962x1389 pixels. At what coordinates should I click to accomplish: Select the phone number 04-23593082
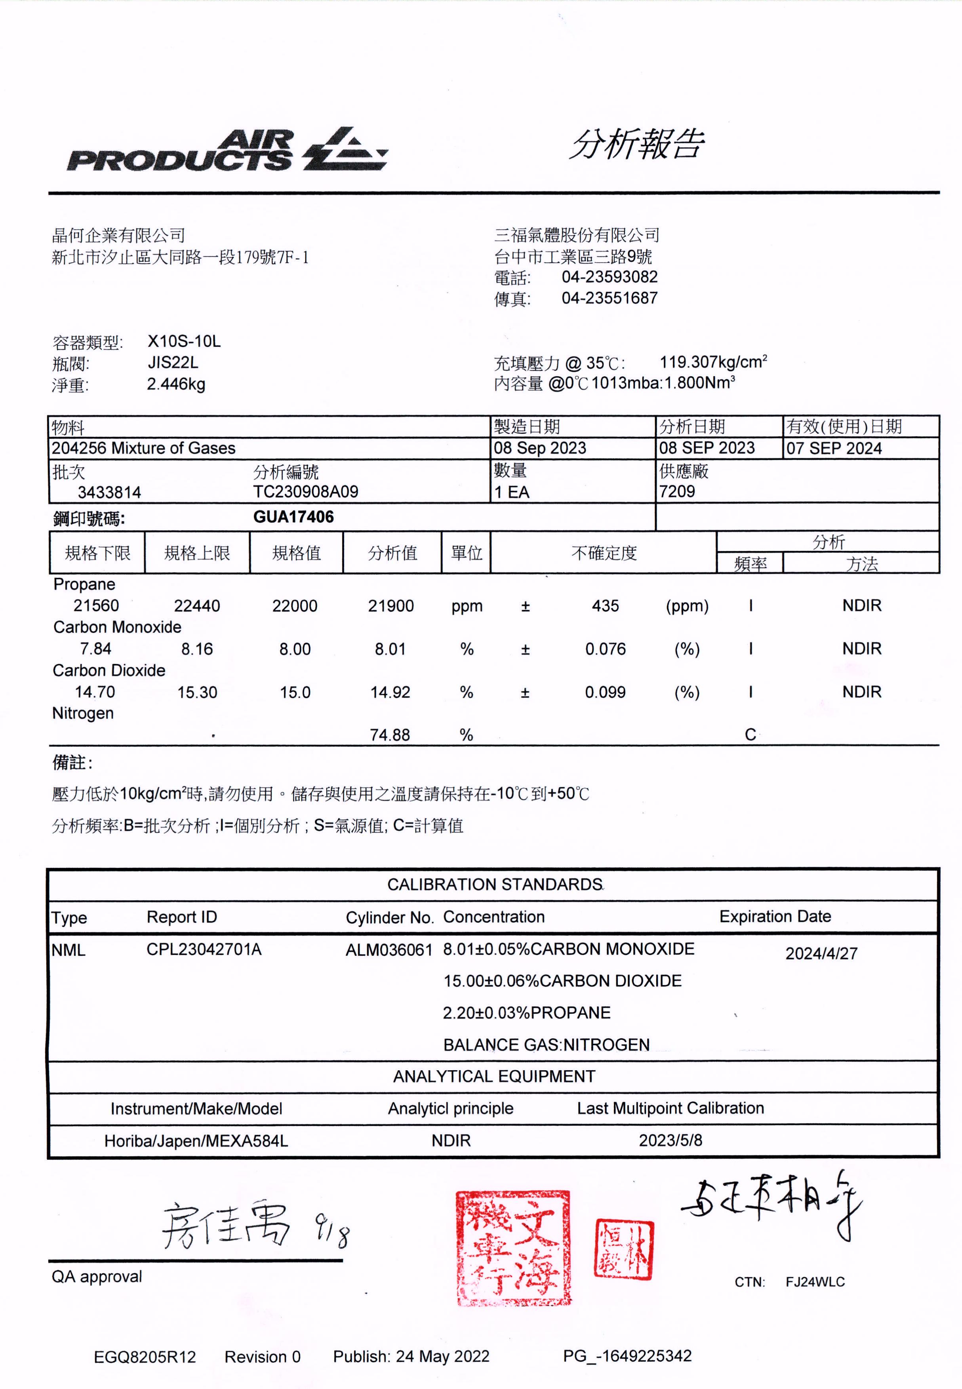(610, 277)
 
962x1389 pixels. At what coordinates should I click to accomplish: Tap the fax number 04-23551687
(610, 298)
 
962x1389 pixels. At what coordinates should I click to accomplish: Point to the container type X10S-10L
(184, 342)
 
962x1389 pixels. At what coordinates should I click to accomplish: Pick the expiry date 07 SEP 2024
(834, 448)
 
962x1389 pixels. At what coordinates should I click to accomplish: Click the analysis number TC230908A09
(306, 492)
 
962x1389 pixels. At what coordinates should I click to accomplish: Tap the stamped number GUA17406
(293, 517)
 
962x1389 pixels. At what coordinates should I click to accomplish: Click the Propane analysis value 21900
(391, 606)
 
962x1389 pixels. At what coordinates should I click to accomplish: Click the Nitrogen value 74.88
(390, 735)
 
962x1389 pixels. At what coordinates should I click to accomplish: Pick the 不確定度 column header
(604, 553)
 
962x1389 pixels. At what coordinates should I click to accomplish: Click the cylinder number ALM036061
(389, 950)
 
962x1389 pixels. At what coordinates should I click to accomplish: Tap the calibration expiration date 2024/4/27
(821, 953)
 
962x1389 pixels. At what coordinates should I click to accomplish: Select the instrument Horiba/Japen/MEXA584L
(196, 1141)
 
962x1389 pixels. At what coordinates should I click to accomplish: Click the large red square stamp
(512, 1247)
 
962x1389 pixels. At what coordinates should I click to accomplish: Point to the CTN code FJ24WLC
(815, 1282)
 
